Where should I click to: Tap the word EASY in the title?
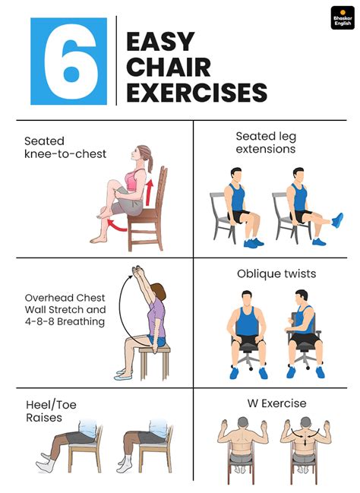159,42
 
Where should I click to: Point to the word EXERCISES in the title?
196,93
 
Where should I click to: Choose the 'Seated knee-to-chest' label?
65,147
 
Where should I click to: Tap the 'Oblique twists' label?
276,273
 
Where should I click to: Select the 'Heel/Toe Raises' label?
51,411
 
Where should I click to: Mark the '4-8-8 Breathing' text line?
64,321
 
